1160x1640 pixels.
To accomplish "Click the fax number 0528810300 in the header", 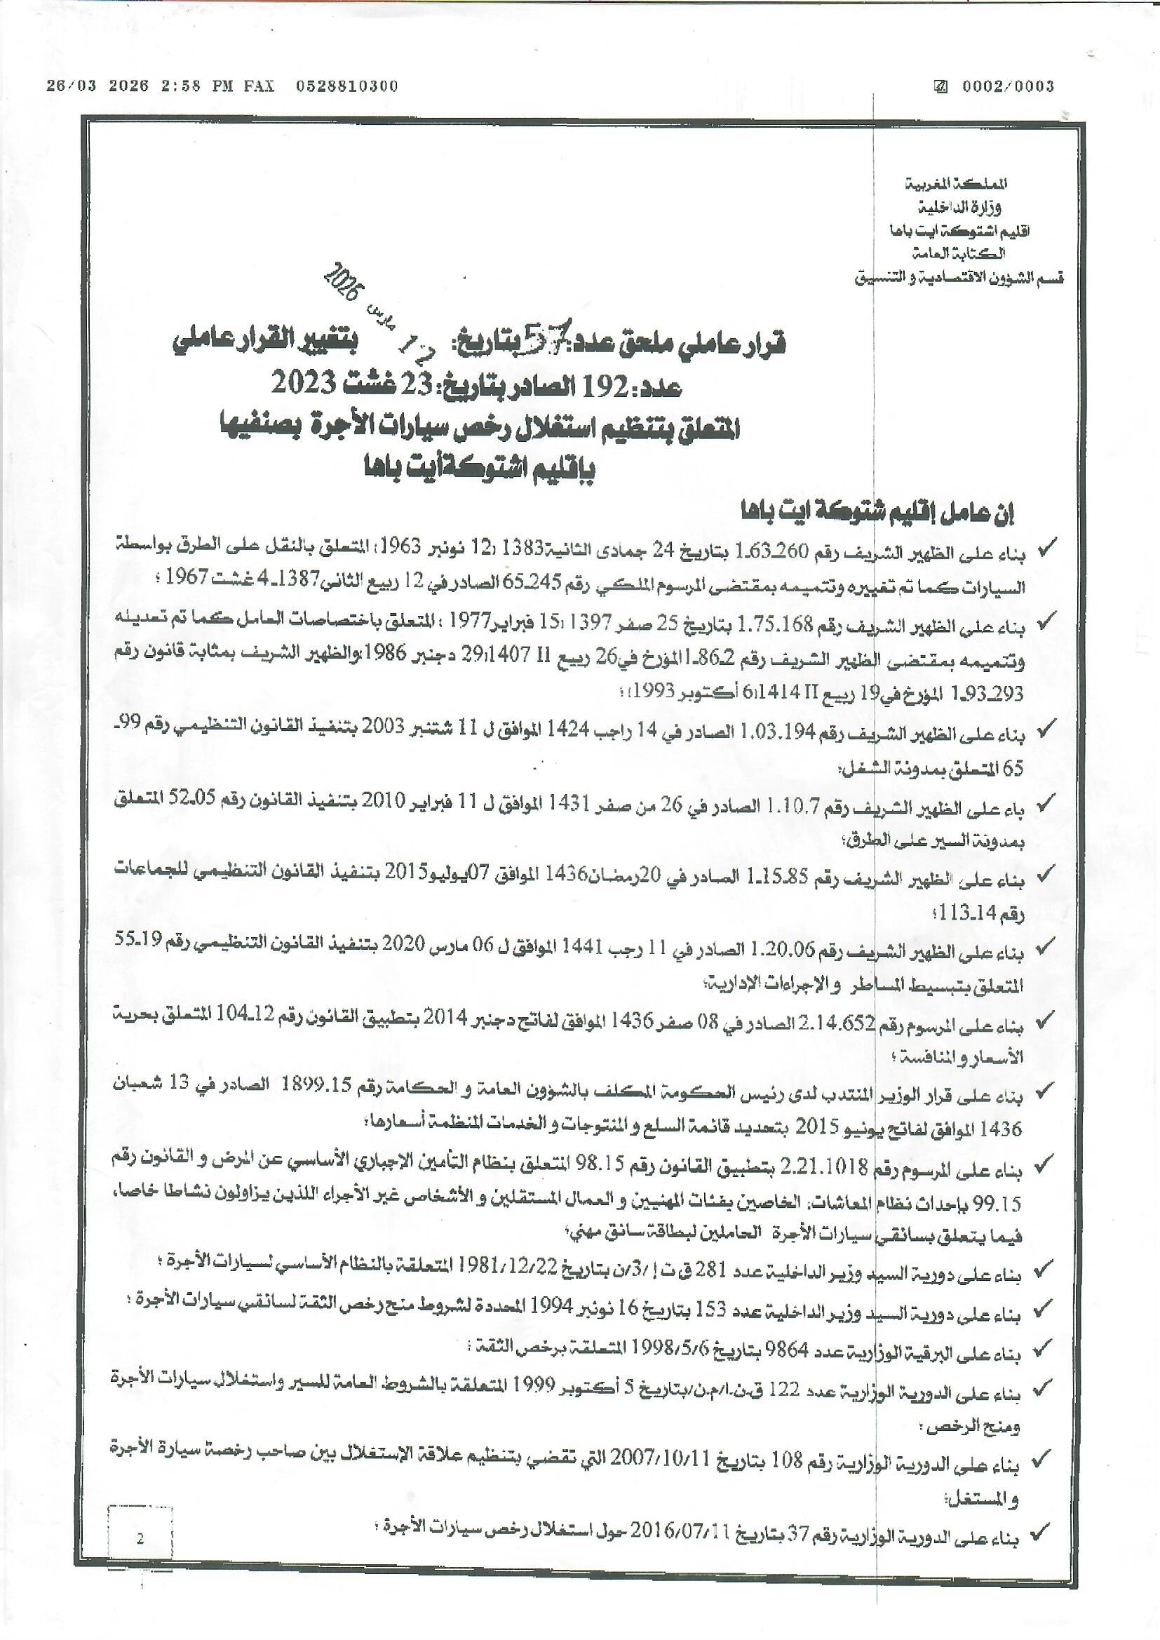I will tap(347, 86).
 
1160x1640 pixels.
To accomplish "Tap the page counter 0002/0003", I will tap(1007, 86).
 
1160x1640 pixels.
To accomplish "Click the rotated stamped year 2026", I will tap(344, 282).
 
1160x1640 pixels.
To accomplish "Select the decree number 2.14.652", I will tap(843, 1024).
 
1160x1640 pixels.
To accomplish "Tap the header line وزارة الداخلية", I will tap(959, 207).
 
